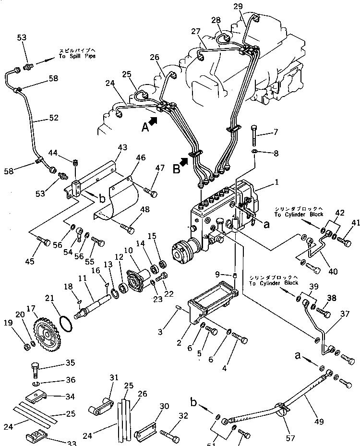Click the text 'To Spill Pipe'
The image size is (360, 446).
tap(77, 56)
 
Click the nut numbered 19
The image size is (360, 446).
tap(24, 344)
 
